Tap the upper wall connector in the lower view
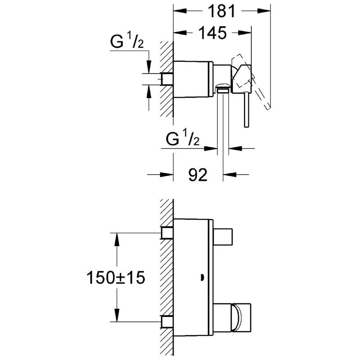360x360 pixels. click(x=167, y=233)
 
